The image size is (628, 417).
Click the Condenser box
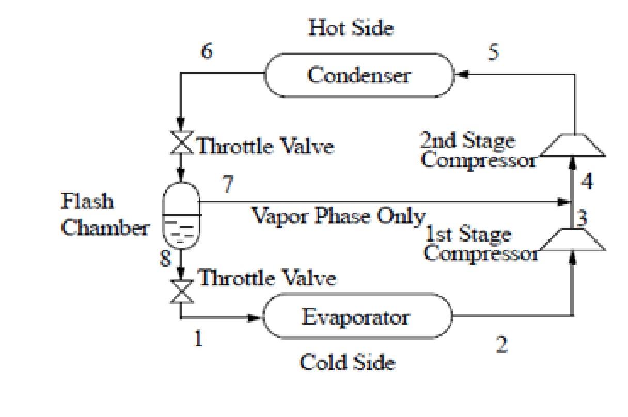tap(359, 75)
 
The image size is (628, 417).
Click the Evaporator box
tap(357, 316)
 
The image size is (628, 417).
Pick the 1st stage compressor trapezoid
tap(572, 239)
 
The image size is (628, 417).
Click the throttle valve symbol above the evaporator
tap(181, 292)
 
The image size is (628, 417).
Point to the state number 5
tap(494, 53)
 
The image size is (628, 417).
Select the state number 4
tap(587, 182)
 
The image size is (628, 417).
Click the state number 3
tap(582, 218)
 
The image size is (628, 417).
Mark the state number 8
tap(165, 258)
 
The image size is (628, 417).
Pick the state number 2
tap(501, 345)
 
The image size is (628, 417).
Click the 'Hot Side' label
tap(351, 28)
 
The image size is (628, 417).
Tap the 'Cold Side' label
tap(348, 363)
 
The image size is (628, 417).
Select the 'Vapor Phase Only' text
tap(338, 216)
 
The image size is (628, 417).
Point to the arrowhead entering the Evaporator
tap(255, 318)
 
